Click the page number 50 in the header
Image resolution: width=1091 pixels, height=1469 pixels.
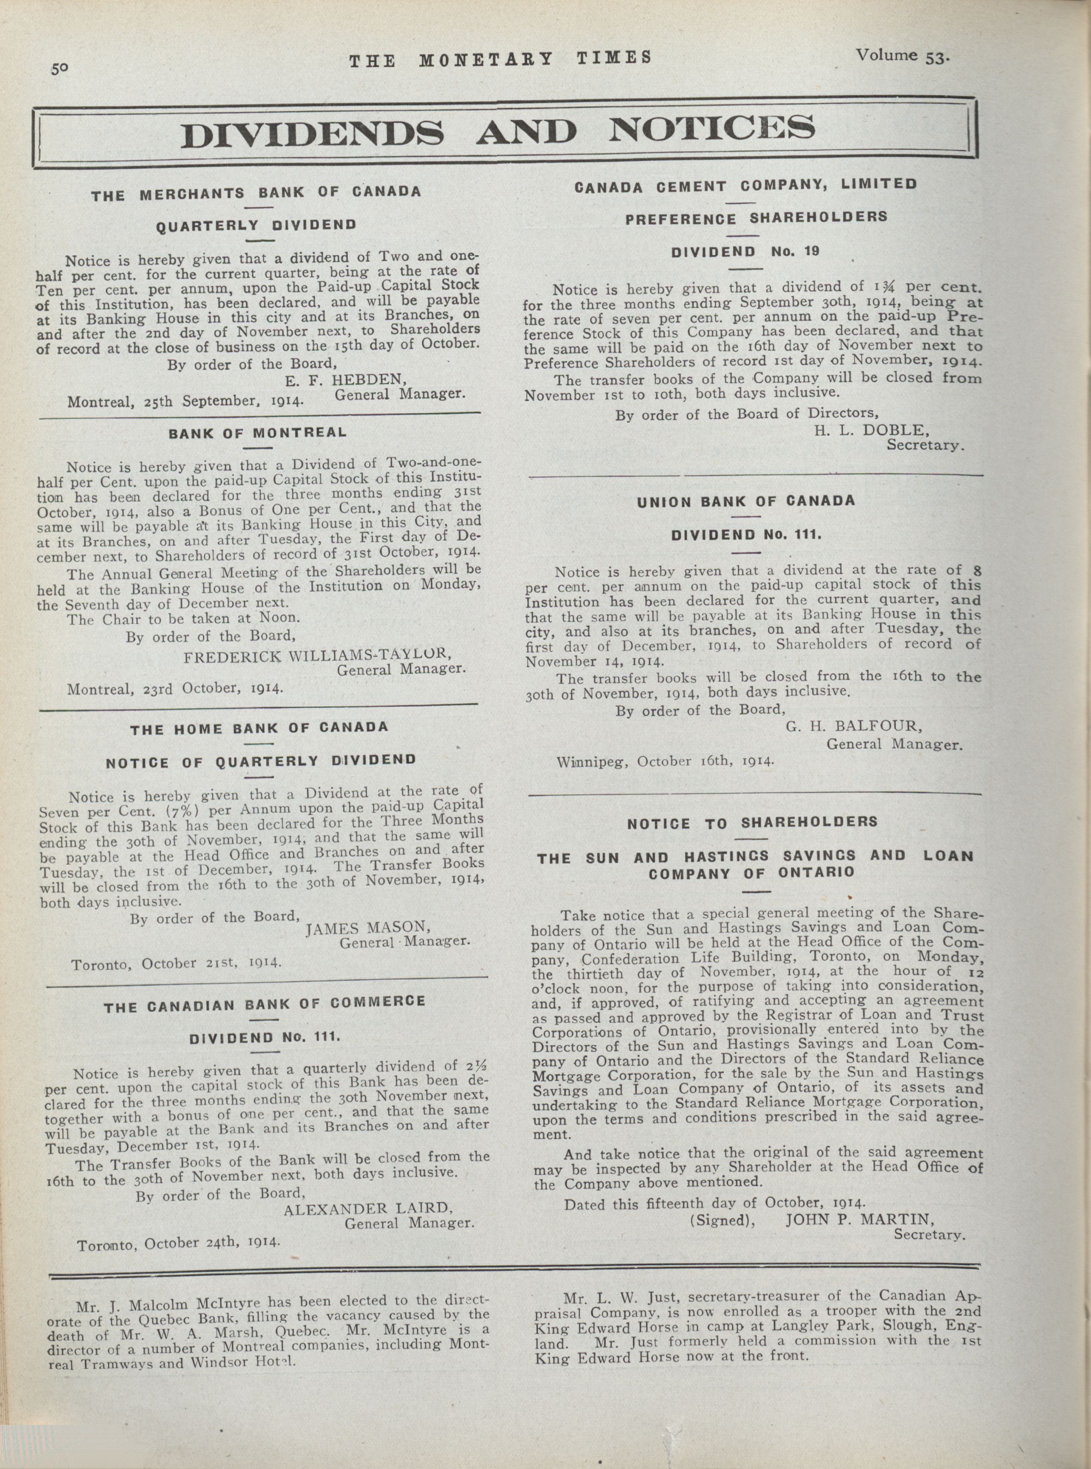(x=61, y=68)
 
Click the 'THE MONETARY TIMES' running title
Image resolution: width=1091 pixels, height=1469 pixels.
(x=500, y=59)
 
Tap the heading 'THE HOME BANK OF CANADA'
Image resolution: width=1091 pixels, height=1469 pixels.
(x=259, y=729)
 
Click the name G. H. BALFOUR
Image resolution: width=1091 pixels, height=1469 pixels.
(x=854, y=727)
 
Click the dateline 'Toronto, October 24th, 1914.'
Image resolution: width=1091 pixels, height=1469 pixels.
(x=178, y=1244)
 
